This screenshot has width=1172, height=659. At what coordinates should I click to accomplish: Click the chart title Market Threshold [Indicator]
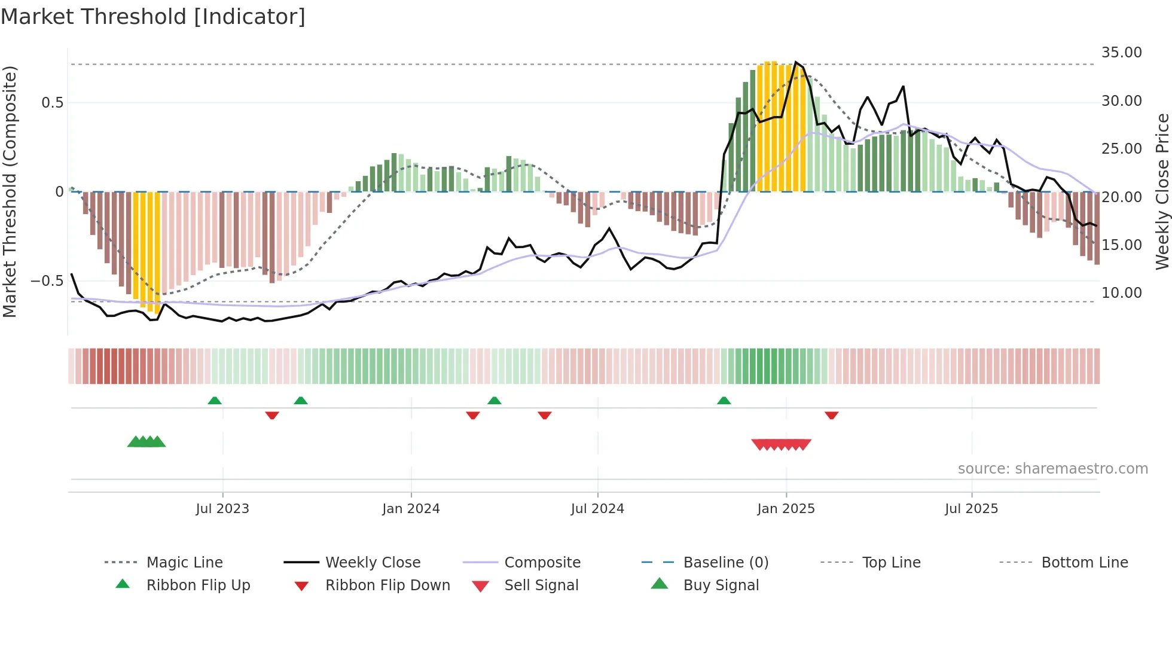coord(153,17)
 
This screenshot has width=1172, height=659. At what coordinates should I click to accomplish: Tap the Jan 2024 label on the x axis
coord(411,509)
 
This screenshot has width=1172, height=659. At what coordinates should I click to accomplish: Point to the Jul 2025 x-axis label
coord(971,509)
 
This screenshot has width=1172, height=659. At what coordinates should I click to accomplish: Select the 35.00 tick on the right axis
coord(1121,53)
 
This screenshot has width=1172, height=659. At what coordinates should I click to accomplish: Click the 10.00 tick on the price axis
coord(1121,293)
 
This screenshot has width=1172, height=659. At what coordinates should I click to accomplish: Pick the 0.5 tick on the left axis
coord(52,103)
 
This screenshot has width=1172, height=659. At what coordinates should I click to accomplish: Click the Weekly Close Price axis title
coord(1162,191)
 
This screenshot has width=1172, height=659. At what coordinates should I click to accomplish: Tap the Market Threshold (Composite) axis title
coord(10,191)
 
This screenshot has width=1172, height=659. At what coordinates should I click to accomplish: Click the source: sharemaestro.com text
coord(1052,469)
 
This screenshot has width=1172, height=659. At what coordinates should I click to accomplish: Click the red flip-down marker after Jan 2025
coord(831,415)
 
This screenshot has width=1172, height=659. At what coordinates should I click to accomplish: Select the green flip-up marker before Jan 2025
coord(724,401)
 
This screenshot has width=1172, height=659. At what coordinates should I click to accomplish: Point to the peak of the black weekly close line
coord(795,62)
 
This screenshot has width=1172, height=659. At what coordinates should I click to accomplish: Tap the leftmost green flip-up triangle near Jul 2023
coord(215,401)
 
